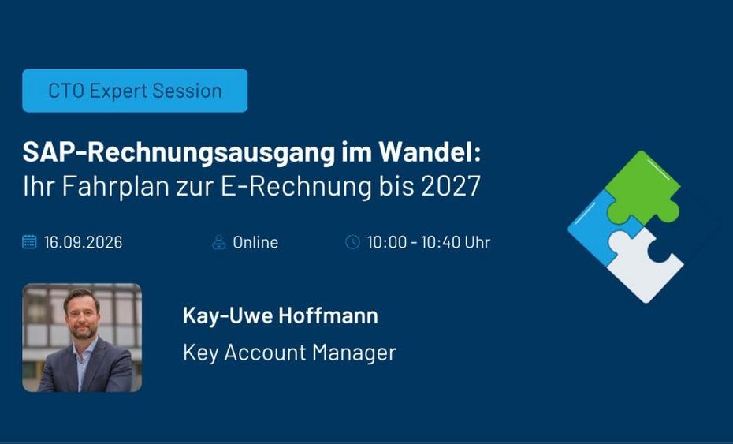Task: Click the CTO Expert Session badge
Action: click(x=135, y=91)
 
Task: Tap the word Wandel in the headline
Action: click(x=430, y=152)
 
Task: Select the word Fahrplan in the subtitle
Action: click(x=115, y=186)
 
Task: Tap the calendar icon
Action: click(x=29, y=242)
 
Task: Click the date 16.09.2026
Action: click(x=84, y=242)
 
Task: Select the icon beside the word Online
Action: click(x=219, y=242)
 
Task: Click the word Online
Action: click(x=255, y=242)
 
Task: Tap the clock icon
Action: click(x=352, y=242)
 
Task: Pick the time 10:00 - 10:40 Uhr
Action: click(x=429, y=242)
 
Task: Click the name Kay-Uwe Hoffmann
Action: click(x=280, y=315)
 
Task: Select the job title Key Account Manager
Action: click(x=289, y=353)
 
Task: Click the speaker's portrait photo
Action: click(x=82, y=338)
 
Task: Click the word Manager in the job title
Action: click(x=355, y=353)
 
